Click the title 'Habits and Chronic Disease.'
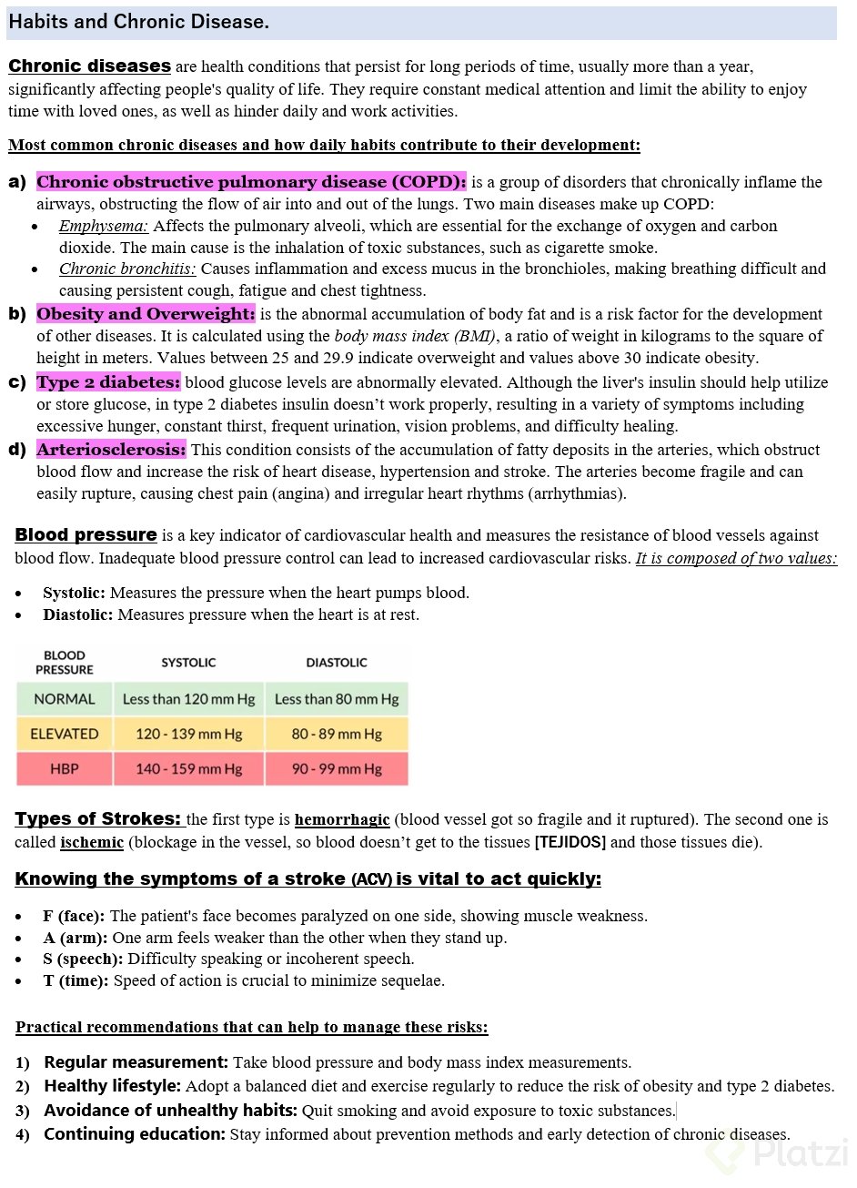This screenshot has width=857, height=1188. pyautogui.click(x=138, y=22)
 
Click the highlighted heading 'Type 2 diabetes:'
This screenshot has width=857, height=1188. pyautogui.click(x=108, y=382)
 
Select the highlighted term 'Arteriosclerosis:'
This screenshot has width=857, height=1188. pyautogui.click(x=111, y=450)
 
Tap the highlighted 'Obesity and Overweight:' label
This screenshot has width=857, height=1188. pyautogui.click(x=146, y=314)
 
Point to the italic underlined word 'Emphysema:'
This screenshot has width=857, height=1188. pyautogui.click(x=104, y=226)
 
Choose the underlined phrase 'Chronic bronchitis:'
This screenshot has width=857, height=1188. pyautogui.click(x=127, y=269)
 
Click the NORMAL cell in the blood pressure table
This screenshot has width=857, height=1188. pyautogui.click(x=65, y=699)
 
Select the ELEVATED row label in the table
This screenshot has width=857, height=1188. pyautogui.click(x=65, y=734)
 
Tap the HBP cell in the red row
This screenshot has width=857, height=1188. pyautogui.click(x=65, y=769)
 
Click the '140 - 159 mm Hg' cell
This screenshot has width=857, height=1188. pyautogui.click(x=189, y=769)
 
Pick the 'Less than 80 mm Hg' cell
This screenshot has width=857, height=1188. pyautogui.click(x=337, y=699)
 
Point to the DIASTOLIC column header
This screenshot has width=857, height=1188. pyautogui.click(x=337, y=663)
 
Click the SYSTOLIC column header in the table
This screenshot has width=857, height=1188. pyautogui.click(x=189, y=663)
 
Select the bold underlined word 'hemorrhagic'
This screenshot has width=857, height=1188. pyautogui.click(x=342, y=820)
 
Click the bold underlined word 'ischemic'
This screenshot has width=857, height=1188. pyautogui.click(x=92, y=842)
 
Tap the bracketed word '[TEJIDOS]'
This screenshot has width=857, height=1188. pyautogui.click(x=570, y=842)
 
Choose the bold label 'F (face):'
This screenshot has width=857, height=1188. pyautogui.click(x=74, y=916)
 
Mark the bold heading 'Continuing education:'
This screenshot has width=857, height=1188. pyautogui.click(x=135, y=1134)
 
